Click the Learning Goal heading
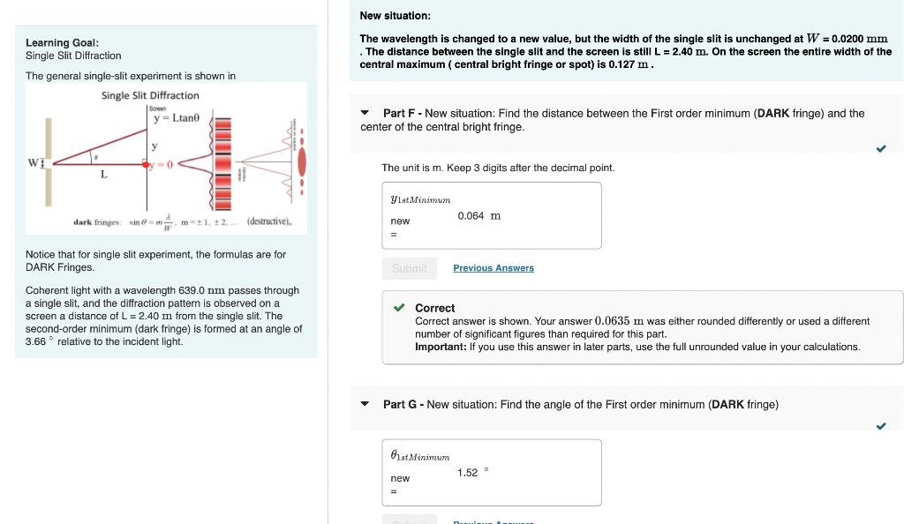tap(62, 42)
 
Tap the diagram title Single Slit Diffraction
tap(150, 95)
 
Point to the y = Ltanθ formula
tap(177, 117)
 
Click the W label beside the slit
tap(34, 162)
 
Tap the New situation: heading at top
tap(395, 16)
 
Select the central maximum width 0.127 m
tap(629, 64)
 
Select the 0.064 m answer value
tap(478, 216)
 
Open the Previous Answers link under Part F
tap(493, 268)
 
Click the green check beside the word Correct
tap(400, 308)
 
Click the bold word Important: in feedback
tap(441, 347)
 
